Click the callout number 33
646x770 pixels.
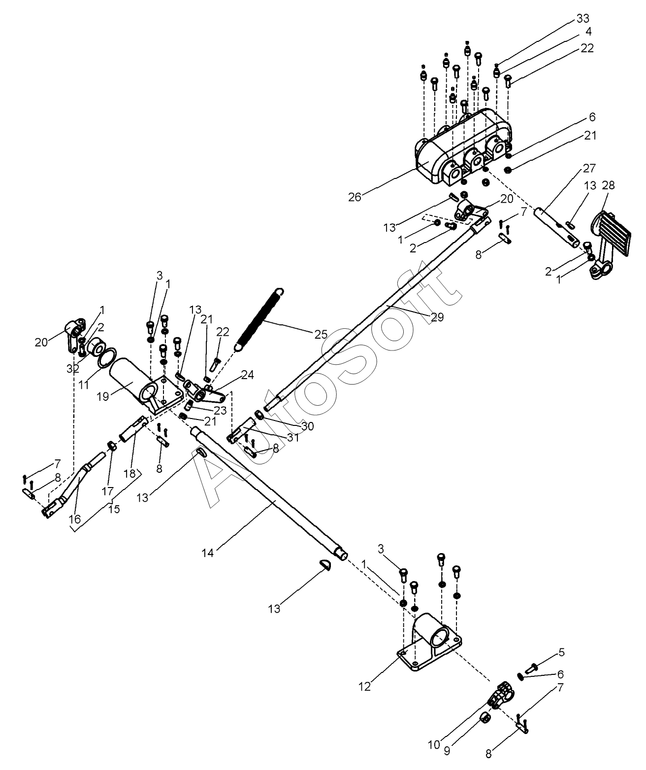582,18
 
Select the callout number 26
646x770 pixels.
355,197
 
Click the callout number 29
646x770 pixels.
437,317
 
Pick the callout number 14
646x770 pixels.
208,553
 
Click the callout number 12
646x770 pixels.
365,687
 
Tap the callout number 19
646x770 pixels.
103,396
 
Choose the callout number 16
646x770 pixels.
74,519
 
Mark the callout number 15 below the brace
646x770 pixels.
114,509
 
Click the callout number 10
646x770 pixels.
434,745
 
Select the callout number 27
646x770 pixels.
589,168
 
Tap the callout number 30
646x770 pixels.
307,426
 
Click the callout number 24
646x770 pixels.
248,375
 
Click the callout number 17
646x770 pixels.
108,491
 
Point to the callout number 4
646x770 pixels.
588,32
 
